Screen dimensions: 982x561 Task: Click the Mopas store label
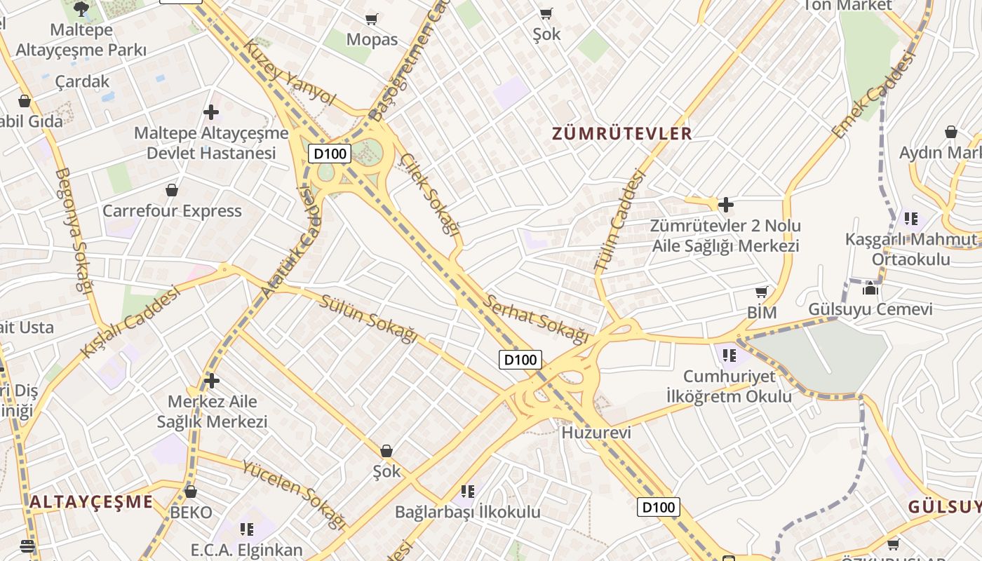[372, 40]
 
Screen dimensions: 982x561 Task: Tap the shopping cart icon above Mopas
[372, 19]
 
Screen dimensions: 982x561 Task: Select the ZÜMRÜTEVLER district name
[621, 133]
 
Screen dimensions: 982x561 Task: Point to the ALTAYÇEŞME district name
[91, 502]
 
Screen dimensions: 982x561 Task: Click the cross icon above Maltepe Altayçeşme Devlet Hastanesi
[210, 112]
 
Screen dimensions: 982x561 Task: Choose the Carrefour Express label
[172, 211]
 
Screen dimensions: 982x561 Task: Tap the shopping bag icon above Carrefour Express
[172, 190]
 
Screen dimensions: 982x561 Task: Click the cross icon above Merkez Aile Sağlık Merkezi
[211, 381]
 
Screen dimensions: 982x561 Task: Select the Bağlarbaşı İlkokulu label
[468, 512]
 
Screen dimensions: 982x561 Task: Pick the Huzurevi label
[596, 433]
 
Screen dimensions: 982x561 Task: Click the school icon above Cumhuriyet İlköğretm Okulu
[729, 355]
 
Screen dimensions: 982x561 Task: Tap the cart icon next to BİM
[762, 292]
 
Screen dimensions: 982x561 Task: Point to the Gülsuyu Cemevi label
[870, 309]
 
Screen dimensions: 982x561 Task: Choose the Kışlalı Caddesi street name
[130, 321]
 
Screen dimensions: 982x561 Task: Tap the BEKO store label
[191, 513]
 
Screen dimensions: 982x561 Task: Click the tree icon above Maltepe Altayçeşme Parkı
[81, 9]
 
